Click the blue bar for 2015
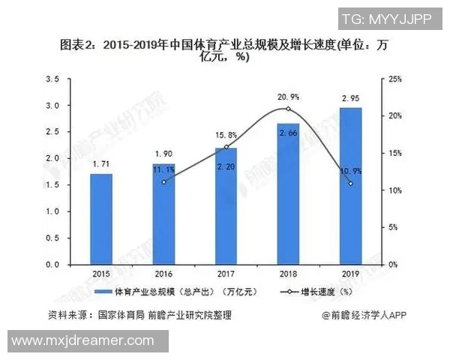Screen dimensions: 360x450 (x=101, y=219)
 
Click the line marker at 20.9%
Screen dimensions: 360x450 (x=289, y=109)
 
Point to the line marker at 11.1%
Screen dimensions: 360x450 (x=163, y=181)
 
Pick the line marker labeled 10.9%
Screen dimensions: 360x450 (x=351, y=183)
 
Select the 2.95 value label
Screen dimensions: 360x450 (x=351, y=97)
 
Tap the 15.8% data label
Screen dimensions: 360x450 (x=226, y=135)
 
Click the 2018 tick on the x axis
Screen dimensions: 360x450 (x=289, y=274)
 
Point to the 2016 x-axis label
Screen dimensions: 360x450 (x=163, y=274)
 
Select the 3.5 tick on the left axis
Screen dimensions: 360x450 (x=52, y=79)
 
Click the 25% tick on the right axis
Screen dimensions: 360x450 (x=396, y=79)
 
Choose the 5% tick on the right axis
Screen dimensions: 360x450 (x=394, y=227)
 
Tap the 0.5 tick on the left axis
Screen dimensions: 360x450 (x=52, y=238)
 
